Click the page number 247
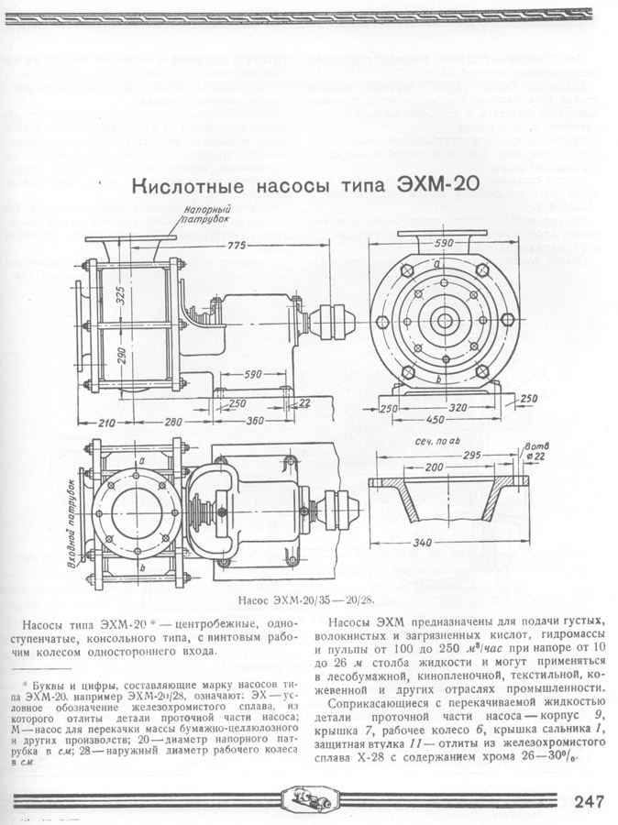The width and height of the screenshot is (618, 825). click(x=589, y=800)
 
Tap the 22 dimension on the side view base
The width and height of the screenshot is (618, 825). click(x=303, y=402)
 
